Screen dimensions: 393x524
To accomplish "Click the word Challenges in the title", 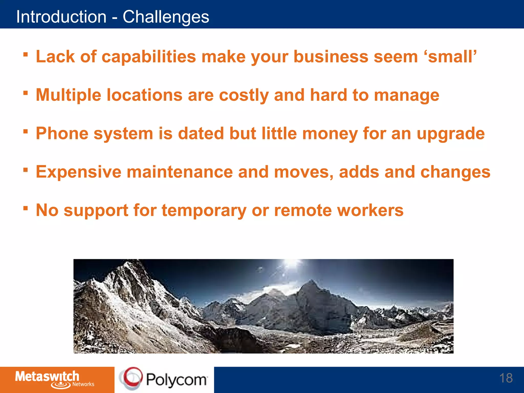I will (166, 17).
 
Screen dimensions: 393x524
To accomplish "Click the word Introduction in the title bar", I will (61, 17).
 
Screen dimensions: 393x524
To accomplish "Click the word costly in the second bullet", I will (244, 95).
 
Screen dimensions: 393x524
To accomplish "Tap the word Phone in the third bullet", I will (62, 134).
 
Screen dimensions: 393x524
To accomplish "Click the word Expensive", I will (78, 172).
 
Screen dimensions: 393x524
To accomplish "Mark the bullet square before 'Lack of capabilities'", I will (25, 54).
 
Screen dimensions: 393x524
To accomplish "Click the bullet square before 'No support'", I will (25, 208).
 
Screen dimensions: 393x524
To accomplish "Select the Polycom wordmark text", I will (177, 380).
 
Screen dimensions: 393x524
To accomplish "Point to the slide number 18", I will (506, 378).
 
